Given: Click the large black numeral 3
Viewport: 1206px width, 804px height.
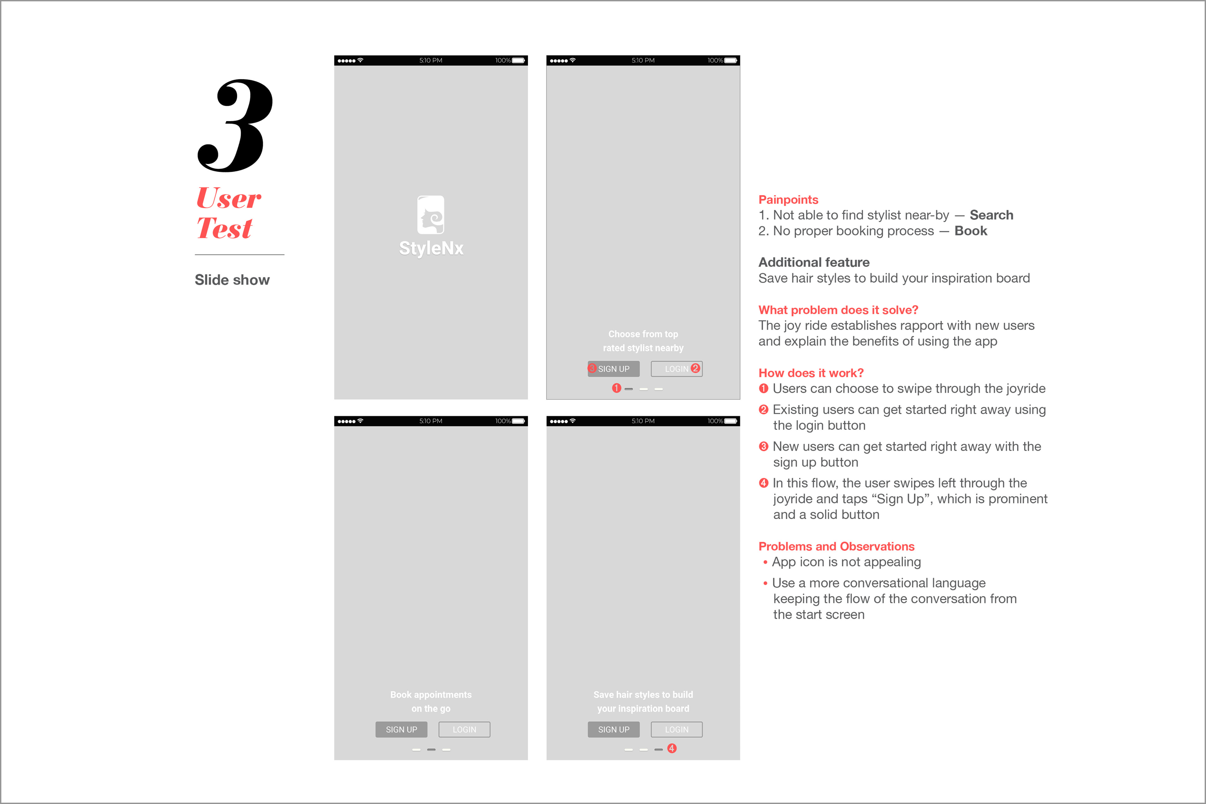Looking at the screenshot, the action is click(236, 126).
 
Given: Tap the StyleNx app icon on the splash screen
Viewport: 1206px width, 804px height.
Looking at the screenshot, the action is click(431, 215).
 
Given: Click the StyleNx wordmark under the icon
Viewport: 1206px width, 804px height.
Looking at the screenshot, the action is click(431, 248).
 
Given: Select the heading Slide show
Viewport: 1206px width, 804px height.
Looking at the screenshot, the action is click(232, 280).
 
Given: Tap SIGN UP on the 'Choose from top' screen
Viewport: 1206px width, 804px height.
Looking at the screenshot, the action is click(614, 368).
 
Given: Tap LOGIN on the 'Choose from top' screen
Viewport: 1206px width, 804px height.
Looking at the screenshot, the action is click(677, 368).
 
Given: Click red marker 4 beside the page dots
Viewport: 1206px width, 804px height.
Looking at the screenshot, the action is click(672, 749).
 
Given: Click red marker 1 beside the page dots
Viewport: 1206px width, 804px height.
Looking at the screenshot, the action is click(616, 388).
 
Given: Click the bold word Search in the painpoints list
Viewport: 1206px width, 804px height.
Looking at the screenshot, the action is click(991, 215).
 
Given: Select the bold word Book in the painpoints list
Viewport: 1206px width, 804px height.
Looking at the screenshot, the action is click(971, 231).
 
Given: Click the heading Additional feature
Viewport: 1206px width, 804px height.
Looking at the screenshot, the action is click(814, 263).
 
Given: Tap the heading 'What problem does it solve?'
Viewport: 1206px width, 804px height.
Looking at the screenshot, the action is click(838, 310).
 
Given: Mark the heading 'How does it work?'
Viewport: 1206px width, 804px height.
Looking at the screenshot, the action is click(811, 373).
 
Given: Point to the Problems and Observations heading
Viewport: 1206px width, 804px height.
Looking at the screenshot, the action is click(836, 546).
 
